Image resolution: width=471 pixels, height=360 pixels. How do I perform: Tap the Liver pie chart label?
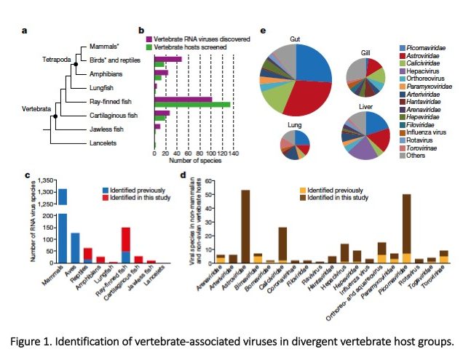point(367,108)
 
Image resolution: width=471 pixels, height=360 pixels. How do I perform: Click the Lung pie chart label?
point(295,125)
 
